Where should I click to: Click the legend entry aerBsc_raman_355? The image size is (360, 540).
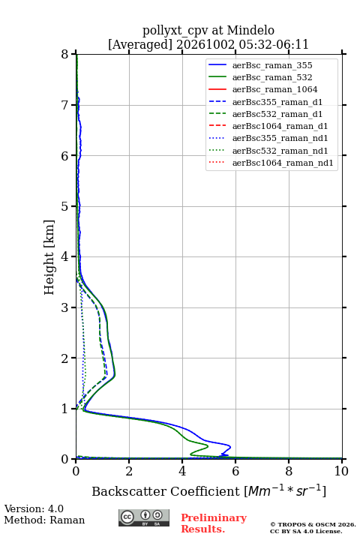pos(272,65)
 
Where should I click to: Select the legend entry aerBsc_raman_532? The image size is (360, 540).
pos(272,77)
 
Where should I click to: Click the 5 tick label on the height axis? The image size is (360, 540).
pos(65,206)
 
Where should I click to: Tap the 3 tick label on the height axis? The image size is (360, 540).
pos(65,307)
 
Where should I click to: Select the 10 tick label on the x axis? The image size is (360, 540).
pos(341,471)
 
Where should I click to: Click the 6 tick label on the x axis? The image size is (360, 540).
pos(235,471)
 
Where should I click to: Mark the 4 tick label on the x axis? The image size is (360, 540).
pos(182,471)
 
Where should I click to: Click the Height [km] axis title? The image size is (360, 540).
pos(49,257)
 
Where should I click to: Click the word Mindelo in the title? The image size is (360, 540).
pos(250,30)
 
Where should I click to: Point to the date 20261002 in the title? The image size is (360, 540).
pos(205,44)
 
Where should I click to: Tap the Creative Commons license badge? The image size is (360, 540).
pos(144,517)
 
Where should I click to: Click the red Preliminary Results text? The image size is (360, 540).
pos(214,523)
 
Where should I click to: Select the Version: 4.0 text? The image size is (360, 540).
pos(34,508)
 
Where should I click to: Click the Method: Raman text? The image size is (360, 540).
pos(44,520)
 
